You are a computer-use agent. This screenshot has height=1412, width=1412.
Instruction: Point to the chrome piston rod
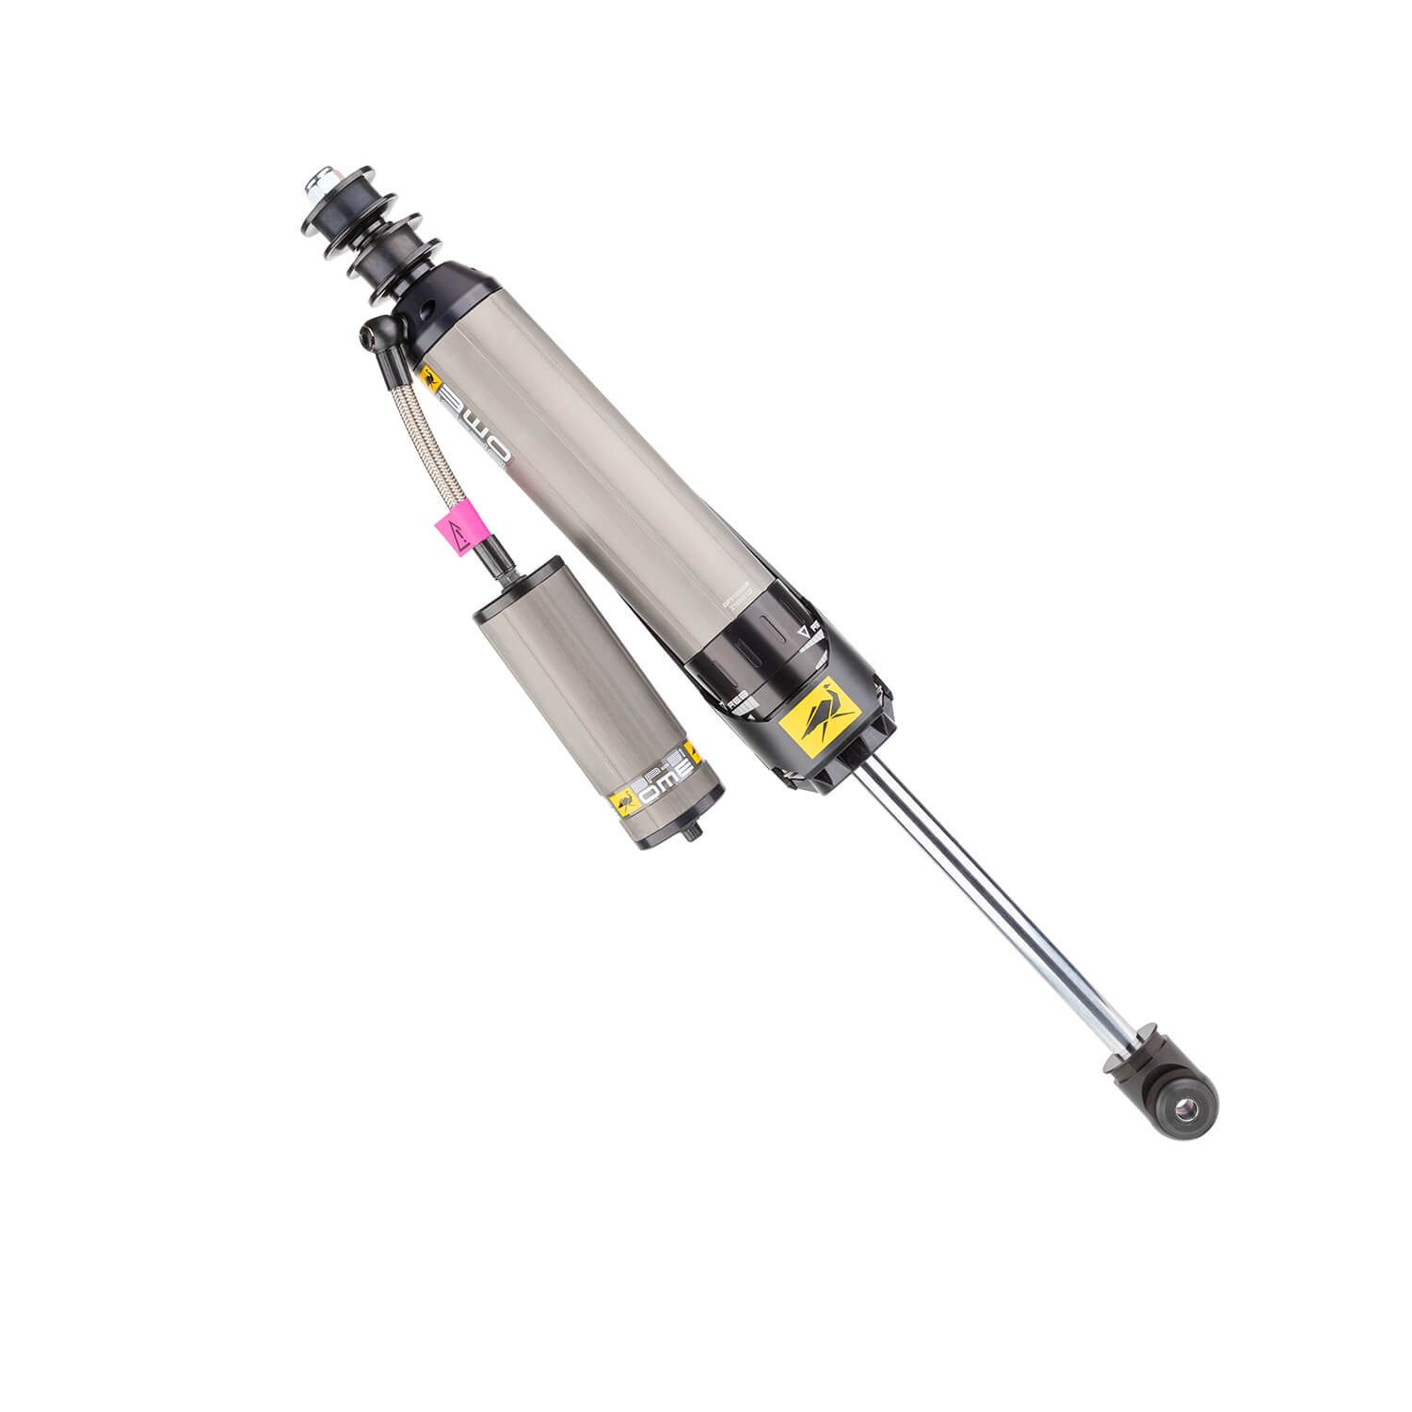(x=988, y=904)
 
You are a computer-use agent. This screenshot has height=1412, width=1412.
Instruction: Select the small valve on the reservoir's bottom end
(x=695, y=830)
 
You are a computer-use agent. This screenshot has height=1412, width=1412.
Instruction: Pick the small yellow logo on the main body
(x=431, y=378)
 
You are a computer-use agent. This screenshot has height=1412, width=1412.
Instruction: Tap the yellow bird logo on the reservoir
(x=624, y=803)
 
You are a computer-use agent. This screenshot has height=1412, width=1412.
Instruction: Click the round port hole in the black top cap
(x=425, y=311)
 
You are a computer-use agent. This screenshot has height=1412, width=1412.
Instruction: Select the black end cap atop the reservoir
(x=516, y=588)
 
